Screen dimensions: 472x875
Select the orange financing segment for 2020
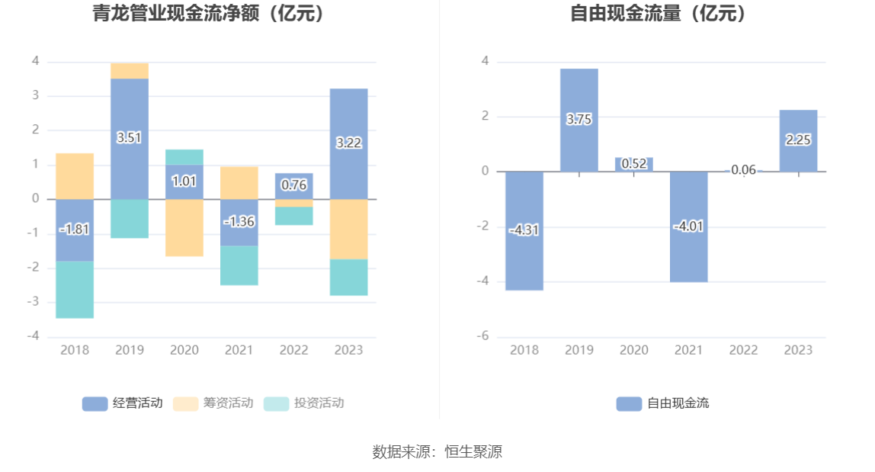point(184,227)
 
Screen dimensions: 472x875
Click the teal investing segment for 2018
point(75,290)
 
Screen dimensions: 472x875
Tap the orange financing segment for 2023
point(349,229)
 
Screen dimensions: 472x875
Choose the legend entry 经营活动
point(122,403)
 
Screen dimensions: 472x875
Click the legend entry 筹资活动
point(213,403)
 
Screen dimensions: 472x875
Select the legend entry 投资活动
point(303,403)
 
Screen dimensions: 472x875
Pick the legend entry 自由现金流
point(662,403)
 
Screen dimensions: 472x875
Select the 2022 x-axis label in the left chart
point(294,350)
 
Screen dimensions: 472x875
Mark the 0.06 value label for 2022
point(743,170)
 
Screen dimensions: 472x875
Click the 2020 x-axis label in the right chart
point(634,350)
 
